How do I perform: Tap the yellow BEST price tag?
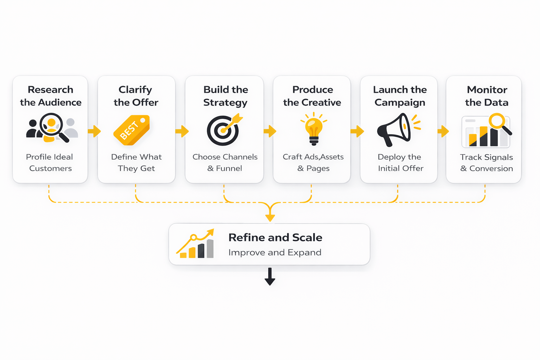click(131, 130)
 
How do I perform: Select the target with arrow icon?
click(224, 130)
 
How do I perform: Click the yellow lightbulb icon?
click(314, 128)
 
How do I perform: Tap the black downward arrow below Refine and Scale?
click(270, 277)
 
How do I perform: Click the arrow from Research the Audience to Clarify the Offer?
click(94, 131)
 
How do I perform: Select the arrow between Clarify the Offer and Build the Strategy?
click(182, 131)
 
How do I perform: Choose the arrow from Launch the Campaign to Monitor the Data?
click(443, 131)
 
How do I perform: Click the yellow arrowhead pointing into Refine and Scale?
click(270, 217)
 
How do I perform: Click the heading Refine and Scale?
click(275, 238)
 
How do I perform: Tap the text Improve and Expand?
click(275, 252)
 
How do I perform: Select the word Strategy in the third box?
click(225, 103)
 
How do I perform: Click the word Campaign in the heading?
click(400, 103)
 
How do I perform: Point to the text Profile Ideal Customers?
click(50, 162)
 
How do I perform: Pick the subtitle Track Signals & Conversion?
click(487, 163)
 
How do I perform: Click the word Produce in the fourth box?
click(313, 90)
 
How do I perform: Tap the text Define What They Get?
click(136, 162)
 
